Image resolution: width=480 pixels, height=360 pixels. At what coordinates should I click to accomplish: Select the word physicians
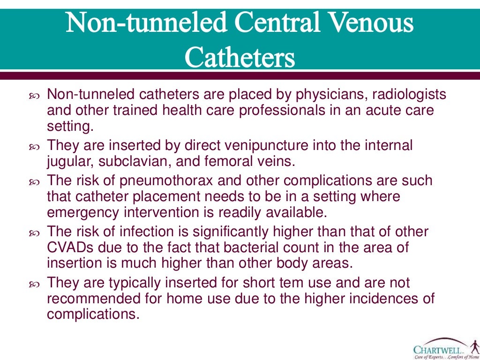pyautogui.click(x=330, y=95)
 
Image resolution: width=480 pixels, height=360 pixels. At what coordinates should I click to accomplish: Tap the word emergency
pyautogui.click(x=82, y=212)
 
